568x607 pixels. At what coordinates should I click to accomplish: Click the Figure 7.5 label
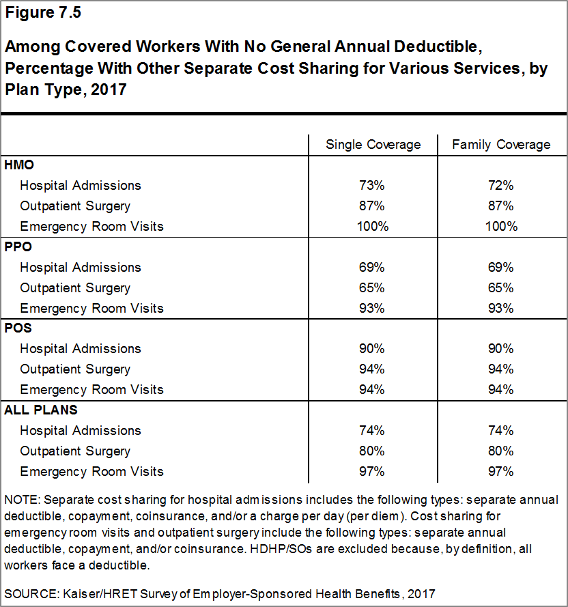coord(43,12)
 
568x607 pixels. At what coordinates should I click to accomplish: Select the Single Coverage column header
coord(373,144)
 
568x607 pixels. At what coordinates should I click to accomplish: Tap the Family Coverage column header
coord(501,144)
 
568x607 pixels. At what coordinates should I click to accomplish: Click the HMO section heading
coord(19,165)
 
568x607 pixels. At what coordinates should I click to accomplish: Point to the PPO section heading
coord(18,246)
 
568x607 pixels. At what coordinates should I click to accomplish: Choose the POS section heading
coord(18,328)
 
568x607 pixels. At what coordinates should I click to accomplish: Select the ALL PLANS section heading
coord(41,410)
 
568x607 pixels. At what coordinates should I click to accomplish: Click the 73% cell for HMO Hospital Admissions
coord(371,186)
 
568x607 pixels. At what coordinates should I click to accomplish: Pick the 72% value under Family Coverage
coord(500,186)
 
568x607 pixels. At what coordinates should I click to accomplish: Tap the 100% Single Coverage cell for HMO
coord(373,227)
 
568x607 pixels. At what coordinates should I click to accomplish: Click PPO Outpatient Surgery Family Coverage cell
coord(500,287)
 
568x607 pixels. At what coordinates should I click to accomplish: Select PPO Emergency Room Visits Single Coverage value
coord(371,308)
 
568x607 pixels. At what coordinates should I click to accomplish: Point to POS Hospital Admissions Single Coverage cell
coord(371,348)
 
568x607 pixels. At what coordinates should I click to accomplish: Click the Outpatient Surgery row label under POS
coord(75,369)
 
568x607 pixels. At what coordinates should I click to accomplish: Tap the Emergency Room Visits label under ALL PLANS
coord(91,472)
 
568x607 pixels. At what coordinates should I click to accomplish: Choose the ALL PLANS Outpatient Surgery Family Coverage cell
coord(500,451)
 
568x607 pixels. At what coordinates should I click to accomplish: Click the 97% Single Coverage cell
coord(371,472)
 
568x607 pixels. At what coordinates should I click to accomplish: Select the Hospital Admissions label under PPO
coord(81,268)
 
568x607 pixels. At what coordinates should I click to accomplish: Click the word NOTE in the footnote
coord(21,500)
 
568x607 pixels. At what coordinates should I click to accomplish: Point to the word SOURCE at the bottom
coord(30,594)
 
